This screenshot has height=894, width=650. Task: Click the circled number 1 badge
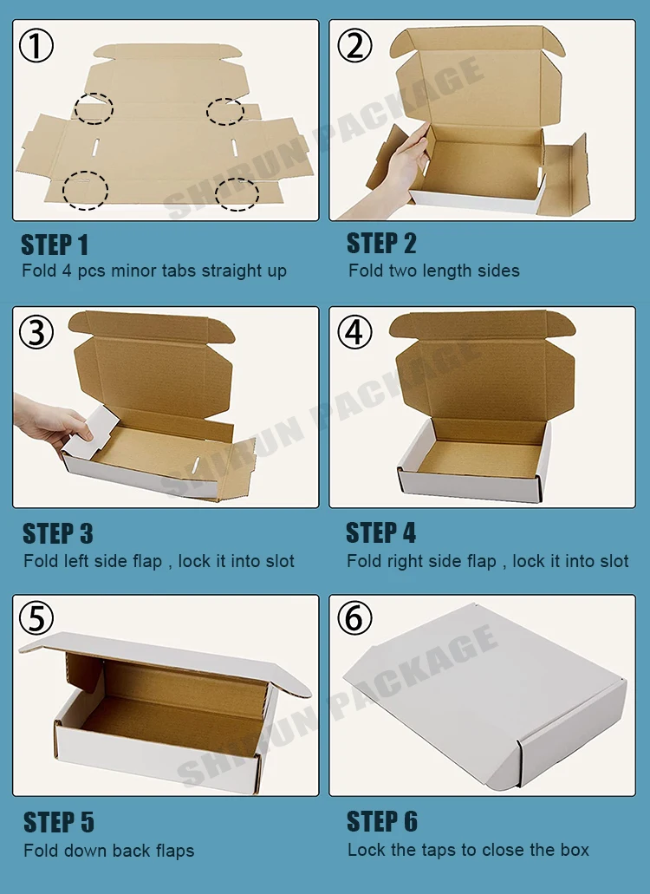[36, 46]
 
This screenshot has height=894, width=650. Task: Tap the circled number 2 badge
[354, 46]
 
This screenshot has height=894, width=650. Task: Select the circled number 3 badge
[36, 332]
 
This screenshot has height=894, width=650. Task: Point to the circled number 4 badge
[354, 332]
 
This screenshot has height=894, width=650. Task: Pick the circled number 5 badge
[36, 618]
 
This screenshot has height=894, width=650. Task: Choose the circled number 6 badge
[354, 618]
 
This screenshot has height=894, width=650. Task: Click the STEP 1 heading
[55, 245]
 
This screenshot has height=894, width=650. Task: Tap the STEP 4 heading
[381, 533]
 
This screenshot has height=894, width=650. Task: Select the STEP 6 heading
[382, 821]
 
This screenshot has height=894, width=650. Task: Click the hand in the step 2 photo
[393, 172]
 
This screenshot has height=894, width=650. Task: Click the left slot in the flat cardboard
[95, 147]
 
